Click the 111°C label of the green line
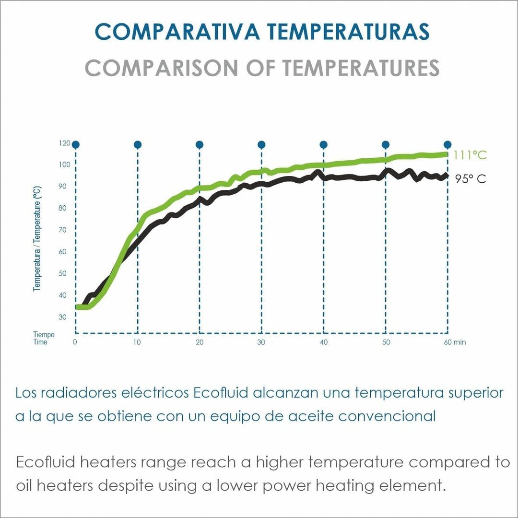pyautogui.click(x=470, y=155)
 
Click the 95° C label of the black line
pyautogui.click(x=471, y=179)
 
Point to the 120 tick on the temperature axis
pyautogui.click(x=65, y=143)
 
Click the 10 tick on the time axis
pyautogui.click(x=137, y=342)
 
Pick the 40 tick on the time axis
pyautogui.click(x=323, y=342)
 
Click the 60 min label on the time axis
pyautogui.click(x=455, y=342)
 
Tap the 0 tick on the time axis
pyautogui.click(x=75, y=342)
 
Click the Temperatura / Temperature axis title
pyautogui.click(x=37, y=239)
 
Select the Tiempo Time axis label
pyautogui.click(x=44, y=339)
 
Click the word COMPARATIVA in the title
pyautogui.click(x=177, y=32)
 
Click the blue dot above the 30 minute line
pyautogui.click(x=261, y=144)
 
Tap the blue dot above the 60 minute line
pyautogui.click(x=447, y=144)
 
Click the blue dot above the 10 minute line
pyautogui.click(x=138, y=144)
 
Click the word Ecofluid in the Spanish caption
pyautogui.click(x=221, y=393)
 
